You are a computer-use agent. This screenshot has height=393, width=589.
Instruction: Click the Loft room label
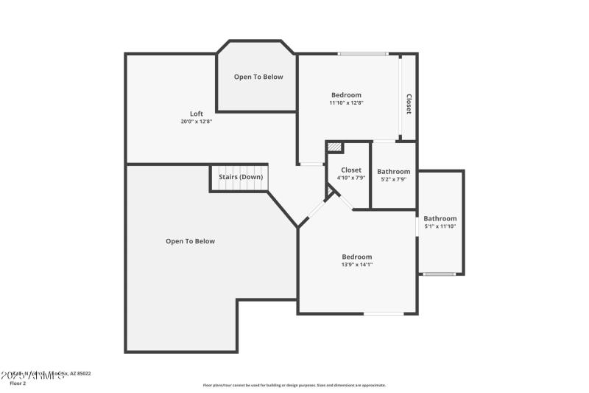pyautogui.click(x=197, y=114)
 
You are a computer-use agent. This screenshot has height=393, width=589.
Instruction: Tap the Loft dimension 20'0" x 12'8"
pyautogui.click(x=197, y=122)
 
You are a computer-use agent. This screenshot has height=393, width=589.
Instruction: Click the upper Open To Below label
pyautogui.click(x=258, y=77)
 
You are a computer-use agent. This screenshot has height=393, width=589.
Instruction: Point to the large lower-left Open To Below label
pyautogui.click(x=190, y=241)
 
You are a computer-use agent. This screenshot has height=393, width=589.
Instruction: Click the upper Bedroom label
pyautogui.click(x=346, y=94)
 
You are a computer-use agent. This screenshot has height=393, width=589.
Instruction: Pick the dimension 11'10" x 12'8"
pyautogui.click(x=346, y=103)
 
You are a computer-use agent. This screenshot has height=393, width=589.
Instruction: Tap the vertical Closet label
pyautogui.click(x=409, y=104)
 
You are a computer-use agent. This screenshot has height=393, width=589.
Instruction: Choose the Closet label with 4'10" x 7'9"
pyautogui.click(x=351, y=170)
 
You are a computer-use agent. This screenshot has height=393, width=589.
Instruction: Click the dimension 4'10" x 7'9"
pyautogui.click(x=351, y=178)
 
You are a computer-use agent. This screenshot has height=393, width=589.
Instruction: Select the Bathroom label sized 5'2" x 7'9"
pyautogui.click(x=394, y=172)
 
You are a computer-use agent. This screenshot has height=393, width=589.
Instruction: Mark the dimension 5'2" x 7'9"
pyautogui.click(x=394, y=179)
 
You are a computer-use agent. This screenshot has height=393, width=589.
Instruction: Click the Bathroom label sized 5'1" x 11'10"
pyautogui.click(x=440, y=218)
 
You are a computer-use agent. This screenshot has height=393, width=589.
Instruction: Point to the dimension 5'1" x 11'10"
pyautogui.click(x=440, y=226)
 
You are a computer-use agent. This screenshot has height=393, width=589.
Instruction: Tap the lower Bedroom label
pyautogui.click(x=357, y=257)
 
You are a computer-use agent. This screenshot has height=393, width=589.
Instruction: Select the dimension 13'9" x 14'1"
pyautogui.click(x=357, y=265)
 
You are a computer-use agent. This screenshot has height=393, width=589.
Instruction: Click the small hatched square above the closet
pyautogui.click(x=335, y=147)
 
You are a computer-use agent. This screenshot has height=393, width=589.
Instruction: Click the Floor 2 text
pyautogui.click(x=17, y=383)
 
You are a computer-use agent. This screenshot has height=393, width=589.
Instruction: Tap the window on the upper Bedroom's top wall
pyautogui.click(x=363, y=54)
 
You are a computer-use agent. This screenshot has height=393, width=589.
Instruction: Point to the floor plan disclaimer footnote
pyautogui.click(x=294, y=385)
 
